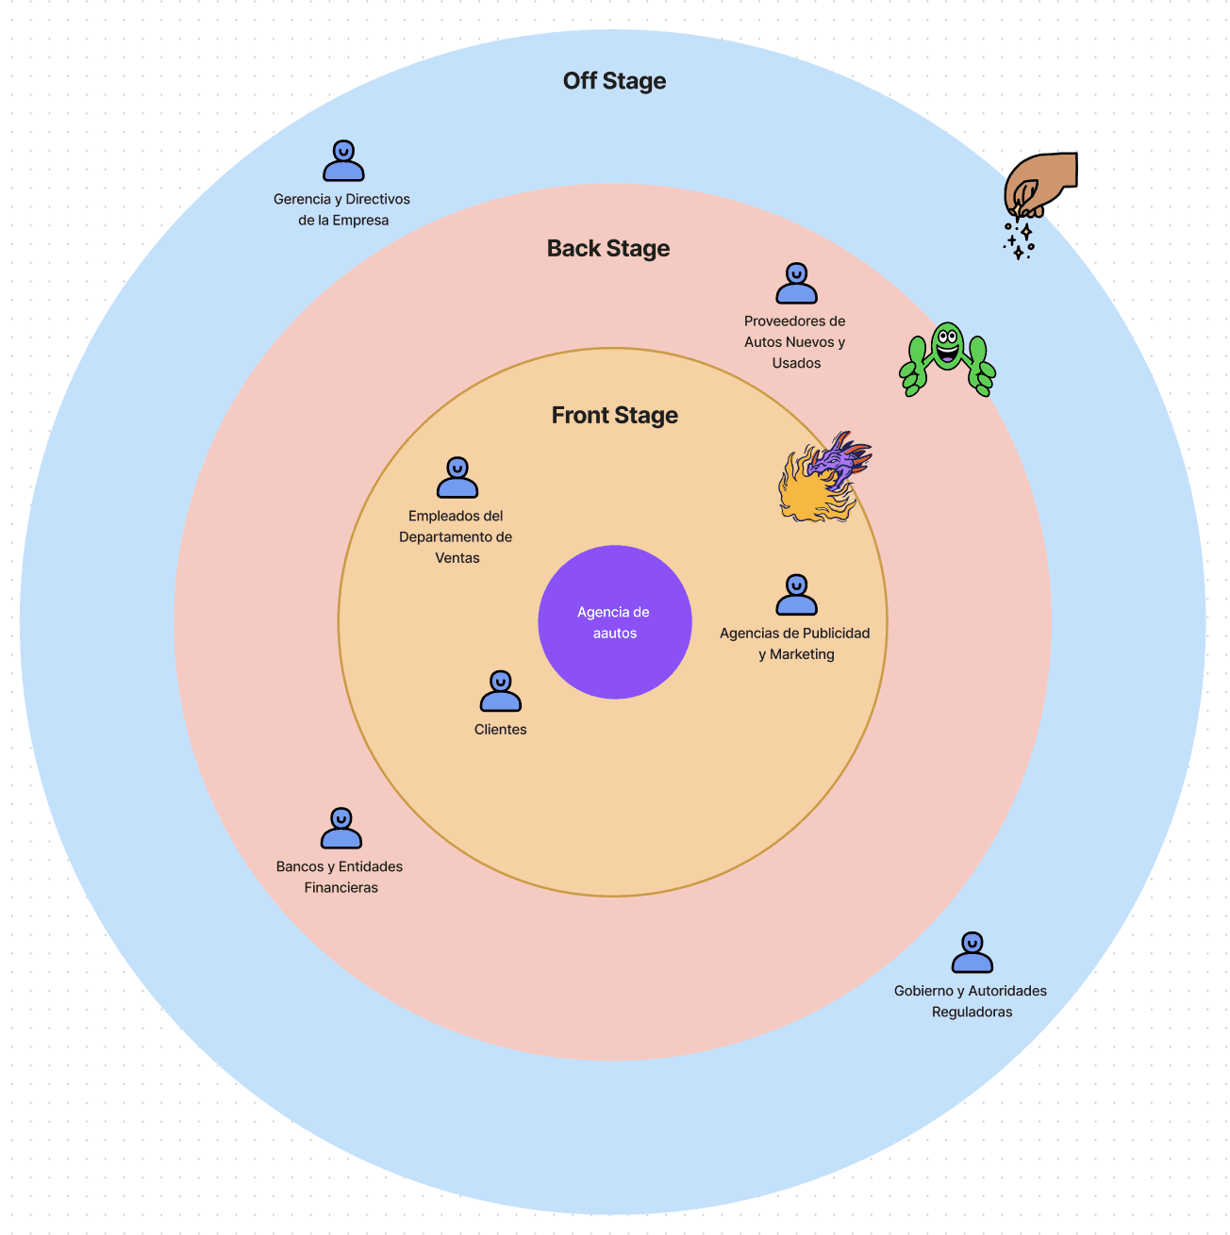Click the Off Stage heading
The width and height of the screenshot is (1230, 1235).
pyautogui.click(x=614, y=81)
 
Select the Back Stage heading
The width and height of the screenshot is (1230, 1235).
pyautogui.click(x=608, y=249)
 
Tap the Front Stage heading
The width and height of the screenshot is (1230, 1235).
pyautogui.click(x=614, y=416)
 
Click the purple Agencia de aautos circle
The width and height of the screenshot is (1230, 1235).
pyautogui.click(x=614, y=622)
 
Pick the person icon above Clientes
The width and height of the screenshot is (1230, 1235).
pyautogui.click(x=500, y=692)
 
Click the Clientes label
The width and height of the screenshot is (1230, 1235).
pyautogui.click(x=500, y=730)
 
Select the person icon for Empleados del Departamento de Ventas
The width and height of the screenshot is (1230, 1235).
pyautogui.click(x=457, y=478)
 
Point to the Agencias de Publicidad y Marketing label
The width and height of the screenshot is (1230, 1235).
pyautogui.click(x=795, y=644)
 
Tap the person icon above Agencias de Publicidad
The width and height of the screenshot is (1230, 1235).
pyautogui.click(x=796, y=595)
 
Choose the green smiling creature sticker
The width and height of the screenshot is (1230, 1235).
pyautogui.click(x=947, y=359)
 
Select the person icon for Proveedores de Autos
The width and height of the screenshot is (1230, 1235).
pyautogui.click(x=796, y=284)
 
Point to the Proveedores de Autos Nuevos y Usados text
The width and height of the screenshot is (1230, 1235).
pyautogui.click(x=795, y=342)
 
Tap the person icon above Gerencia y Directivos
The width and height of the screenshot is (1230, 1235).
pyautogui.click(x=343, y=161)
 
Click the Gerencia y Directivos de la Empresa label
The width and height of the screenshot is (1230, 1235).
pyautogui.click(x=342, y=209)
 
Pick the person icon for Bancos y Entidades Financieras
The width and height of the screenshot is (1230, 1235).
pyautogui.click(x=341, y=829)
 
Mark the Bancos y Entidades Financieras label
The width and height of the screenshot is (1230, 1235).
pyautogui.click(x=340, y=877)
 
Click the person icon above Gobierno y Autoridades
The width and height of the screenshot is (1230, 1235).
pyautogui.click(x=972, y=953)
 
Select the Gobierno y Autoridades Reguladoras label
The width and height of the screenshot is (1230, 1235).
pyautogui.click(x=971, y=1001)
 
